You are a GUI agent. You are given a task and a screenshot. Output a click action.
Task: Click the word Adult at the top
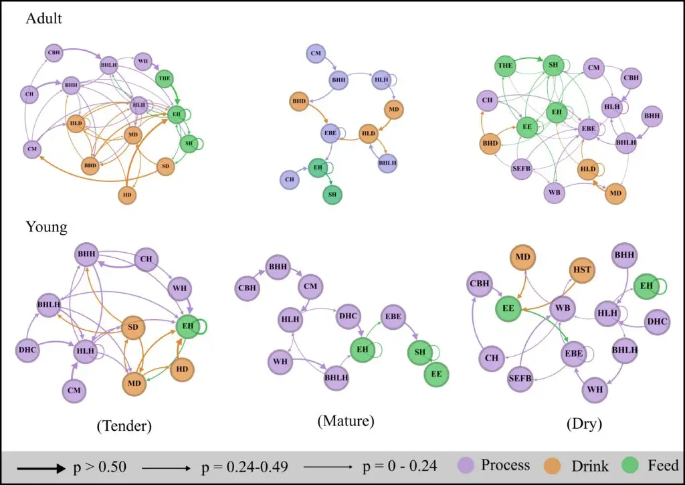point(43,19)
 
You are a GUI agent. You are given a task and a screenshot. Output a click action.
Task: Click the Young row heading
point(46,227)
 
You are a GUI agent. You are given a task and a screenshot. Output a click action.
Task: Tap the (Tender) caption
point(124,425)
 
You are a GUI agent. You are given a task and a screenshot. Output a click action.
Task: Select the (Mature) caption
point(346,421)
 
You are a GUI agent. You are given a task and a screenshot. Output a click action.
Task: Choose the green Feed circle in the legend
point(631,466)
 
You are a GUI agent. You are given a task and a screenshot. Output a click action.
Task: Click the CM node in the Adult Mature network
point(316,52)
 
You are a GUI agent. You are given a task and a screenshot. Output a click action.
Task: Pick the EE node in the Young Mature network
point(436,375)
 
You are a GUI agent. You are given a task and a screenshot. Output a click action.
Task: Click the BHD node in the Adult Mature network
point(298,102)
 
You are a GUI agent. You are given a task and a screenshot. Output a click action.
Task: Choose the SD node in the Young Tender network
point(132,326)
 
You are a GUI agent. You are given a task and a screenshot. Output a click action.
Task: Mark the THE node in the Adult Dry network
point(506,66)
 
